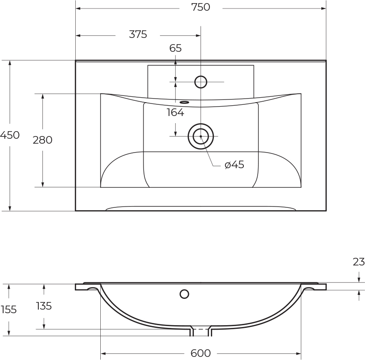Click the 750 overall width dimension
coord(201,7)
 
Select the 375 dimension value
coord(138,34)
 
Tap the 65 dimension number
coord(176,48)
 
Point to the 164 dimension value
coord(176,112)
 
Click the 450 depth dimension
coord(10,135)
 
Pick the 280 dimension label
coord(42,140)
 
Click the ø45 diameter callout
coord(234,165)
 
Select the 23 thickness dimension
coord(359,262)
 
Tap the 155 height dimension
coord(8,310)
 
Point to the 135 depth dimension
coord(44,306)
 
